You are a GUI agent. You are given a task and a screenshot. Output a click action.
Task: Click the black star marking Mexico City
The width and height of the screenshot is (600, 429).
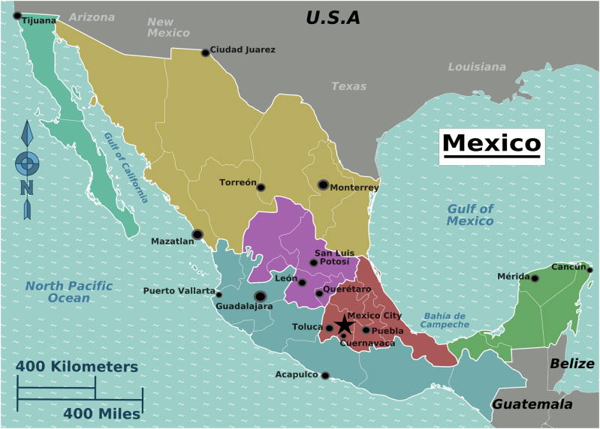344,325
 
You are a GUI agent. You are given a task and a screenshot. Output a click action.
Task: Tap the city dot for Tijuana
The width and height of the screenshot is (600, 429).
17,15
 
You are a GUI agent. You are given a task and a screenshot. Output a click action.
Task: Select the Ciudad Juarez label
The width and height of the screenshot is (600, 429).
243,50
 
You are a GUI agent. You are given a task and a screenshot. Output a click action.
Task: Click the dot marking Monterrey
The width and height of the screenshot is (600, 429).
323,184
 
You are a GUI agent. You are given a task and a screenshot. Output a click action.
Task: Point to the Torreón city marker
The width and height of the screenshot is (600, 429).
261,187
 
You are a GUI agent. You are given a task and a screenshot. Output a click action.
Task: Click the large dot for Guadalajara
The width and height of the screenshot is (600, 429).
261,295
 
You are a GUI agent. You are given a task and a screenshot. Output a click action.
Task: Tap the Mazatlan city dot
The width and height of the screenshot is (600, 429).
197,234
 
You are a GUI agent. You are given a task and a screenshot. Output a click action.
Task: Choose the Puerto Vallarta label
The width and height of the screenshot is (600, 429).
179,291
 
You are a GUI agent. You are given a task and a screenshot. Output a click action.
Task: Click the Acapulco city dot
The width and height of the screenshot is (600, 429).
324,376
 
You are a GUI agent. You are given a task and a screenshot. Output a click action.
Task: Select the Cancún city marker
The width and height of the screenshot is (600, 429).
589,270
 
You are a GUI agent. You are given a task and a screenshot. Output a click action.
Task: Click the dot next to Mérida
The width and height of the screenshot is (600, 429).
535,278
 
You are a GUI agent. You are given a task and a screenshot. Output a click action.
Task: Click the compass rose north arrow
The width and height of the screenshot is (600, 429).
27,135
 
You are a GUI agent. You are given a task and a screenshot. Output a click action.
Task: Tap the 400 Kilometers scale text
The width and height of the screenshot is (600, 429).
77,367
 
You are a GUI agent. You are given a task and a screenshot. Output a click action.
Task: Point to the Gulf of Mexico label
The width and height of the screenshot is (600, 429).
470,214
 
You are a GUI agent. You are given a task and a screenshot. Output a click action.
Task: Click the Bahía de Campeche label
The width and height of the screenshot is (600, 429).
445,320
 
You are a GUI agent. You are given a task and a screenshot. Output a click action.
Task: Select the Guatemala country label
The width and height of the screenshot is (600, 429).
532,404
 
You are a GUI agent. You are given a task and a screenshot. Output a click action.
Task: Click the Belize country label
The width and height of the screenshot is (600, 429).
571,364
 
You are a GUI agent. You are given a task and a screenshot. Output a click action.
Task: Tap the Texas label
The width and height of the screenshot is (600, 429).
349,86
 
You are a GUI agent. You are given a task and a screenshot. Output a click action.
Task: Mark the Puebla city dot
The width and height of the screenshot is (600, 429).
366,330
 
